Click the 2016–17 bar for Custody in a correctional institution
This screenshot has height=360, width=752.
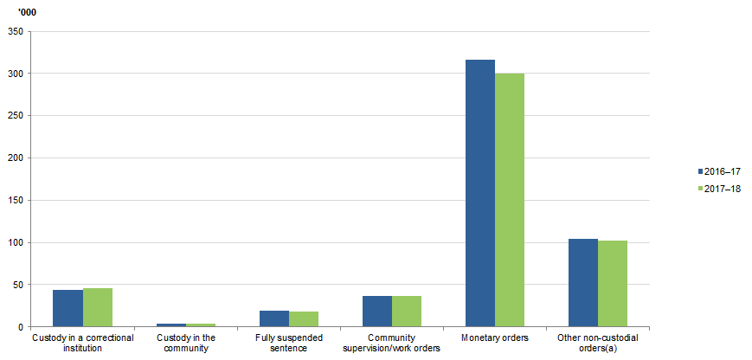point(68,308)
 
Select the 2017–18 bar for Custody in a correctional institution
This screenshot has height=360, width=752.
point(98,307)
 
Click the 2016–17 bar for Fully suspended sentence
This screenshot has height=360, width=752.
point(274,318)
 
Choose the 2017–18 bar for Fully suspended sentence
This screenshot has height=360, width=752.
point(304,319)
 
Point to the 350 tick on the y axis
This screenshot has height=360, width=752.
point(15,32)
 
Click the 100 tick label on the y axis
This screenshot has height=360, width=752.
point(15,243)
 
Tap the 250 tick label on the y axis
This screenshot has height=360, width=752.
point(15,116)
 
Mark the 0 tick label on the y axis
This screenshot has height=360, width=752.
point(19,327)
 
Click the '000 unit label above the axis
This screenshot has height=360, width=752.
point(27,11)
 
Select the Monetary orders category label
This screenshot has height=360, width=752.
point(495,337)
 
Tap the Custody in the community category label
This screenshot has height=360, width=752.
point(186,343)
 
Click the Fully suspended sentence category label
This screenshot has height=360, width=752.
point(289,343)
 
